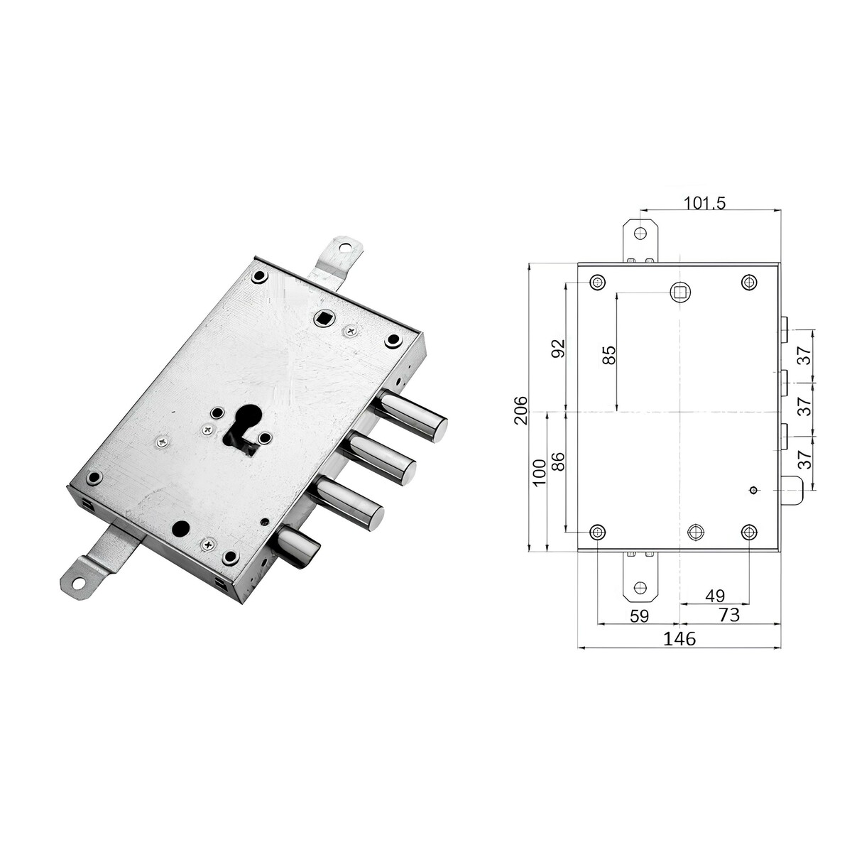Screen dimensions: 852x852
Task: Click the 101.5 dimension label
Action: pos(705,203)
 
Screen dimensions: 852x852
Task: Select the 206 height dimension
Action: pos(522,410)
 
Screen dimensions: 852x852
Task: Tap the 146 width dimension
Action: pos(679,638)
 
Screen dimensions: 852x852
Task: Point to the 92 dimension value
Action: pos(559,349)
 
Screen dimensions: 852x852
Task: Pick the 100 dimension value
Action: pos(540,473)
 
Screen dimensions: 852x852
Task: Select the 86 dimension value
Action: pos(559,461)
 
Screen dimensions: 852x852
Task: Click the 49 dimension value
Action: pos(715,596)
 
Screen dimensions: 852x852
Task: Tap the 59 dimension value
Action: pos(639,616)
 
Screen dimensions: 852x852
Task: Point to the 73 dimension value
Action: pos(729,615)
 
